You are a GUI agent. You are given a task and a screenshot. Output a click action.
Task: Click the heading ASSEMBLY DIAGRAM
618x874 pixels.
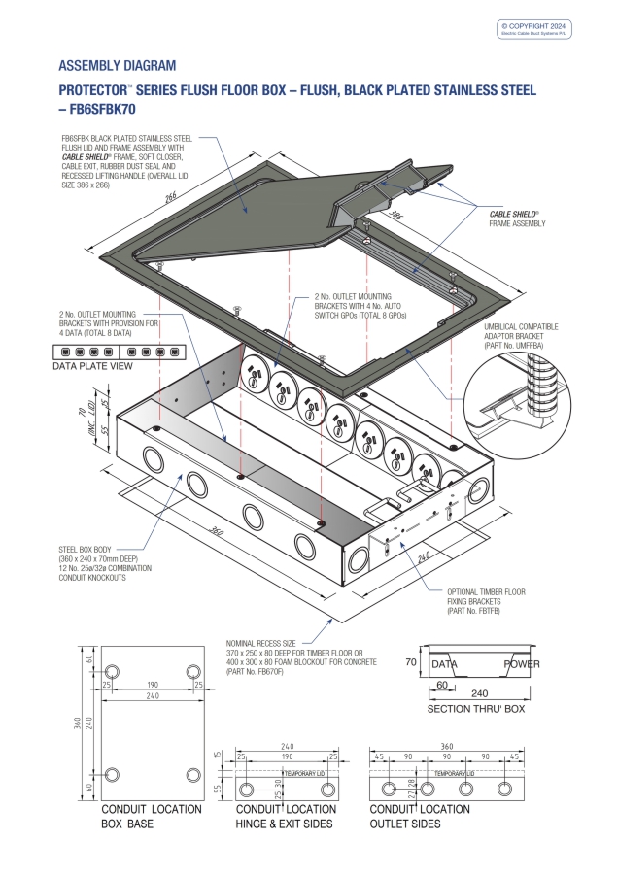(118, 66)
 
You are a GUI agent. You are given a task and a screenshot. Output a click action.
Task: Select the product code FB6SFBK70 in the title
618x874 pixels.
(103, 110)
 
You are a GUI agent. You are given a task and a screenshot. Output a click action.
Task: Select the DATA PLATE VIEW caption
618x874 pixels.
(98, 367)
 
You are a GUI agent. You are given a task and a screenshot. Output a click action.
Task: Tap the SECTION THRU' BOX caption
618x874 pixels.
(476, 710)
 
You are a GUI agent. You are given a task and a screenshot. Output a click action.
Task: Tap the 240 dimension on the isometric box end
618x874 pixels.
(422, 558)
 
